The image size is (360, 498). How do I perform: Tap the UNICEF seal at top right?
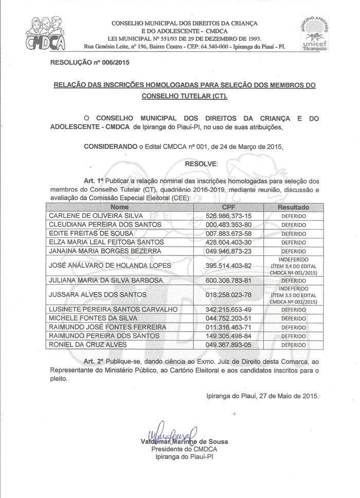click(317, 33)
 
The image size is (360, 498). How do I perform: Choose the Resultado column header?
click(293, 207)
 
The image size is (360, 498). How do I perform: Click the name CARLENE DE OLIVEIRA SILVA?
click(96, 216)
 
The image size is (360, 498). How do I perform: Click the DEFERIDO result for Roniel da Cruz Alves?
click(293, 345)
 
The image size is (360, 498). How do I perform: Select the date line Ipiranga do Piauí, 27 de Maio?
click(262, 396)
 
